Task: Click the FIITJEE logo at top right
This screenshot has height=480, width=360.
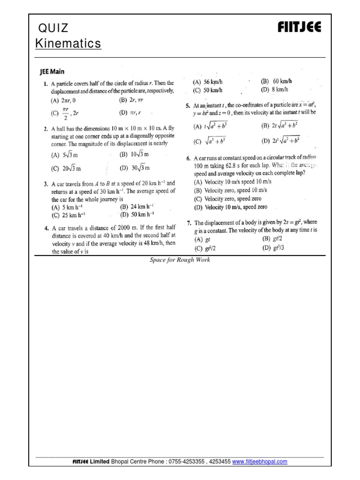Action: [x=299, y=28]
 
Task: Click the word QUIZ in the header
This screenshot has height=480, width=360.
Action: [x=52, y=28]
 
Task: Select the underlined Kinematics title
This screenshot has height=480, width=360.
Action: [x=68, y=44]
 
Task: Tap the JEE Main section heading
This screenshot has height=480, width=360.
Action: [x=53, y=73]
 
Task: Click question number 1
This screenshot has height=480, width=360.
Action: [x=40, y=83]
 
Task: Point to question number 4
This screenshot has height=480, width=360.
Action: [x=40, y=228]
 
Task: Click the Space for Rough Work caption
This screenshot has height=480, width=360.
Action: [x=180, y=260]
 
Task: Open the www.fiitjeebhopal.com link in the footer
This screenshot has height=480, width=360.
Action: [x=260, y=462]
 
